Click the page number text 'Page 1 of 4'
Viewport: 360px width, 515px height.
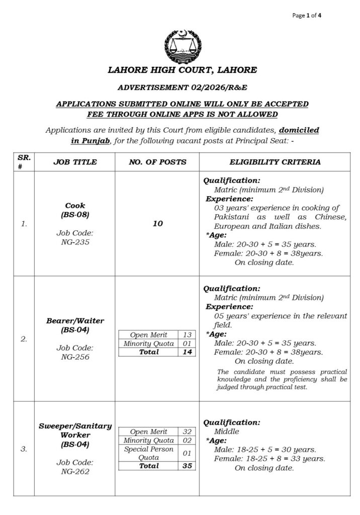[307, 15]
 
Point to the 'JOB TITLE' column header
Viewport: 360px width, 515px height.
[75, 162]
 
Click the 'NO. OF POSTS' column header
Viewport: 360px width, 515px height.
[157, 162]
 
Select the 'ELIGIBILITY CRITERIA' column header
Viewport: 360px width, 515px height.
[275, 162]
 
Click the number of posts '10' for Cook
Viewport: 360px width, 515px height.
[157, 224]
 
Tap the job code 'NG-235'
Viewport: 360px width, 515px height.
[75, 242]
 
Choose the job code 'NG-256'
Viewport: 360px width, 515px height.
[75, 357]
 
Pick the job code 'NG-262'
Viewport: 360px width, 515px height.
[75, 472]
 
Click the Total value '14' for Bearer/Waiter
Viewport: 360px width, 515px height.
[187, 352]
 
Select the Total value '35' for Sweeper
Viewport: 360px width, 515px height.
[187, 466]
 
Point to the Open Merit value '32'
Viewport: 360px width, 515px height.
[187, 432]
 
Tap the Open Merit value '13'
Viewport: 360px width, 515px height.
[187, 335]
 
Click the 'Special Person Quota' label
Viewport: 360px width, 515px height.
[148, 453]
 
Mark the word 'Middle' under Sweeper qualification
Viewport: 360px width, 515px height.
[227, 432]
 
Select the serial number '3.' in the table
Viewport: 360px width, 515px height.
[24, 449]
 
